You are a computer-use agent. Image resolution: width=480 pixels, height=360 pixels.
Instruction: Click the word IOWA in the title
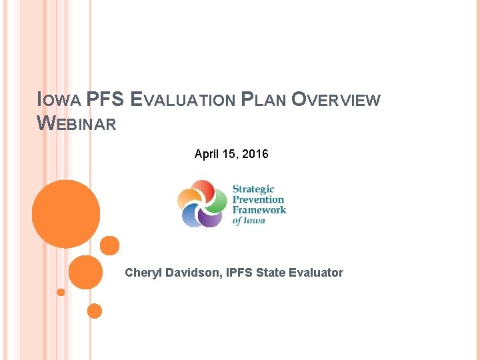[x=59, y=101]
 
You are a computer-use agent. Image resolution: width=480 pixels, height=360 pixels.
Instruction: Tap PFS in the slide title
[x=106, y=100]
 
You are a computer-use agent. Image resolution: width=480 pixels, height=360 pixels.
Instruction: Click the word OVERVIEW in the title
[x=337, y=100]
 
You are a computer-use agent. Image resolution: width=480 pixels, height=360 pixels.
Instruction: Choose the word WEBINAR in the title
[x=77, y=123]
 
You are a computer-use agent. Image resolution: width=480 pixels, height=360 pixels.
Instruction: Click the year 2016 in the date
[x=255, y=154]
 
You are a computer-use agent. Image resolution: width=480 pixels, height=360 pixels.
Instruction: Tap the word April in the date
[x=207, y=154]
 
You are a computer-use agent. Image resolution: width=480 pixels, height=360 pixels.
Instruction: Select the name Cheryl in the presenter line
[x=143, y=272]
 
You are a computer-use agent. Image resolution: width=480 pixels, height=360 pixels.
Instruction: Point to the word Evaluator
[x=316, y=272]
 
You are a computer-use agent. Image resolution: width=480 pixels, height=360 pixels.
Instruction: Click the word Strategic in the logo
[x=253, y=189]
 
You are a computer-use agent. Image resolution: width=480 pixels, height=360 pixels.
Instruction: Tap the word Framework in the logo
[x=259, y=210]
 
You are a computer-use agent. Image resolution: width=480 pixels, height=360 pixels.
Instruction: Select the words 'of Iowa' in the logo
[x=249, y=221]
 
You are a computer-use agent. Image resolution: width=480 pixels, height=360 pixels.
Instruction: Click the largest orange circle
[x=66, y=214]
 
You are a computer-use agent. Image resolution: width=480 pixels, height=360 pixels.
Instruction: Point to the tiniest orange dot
[x=61, y=292]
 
